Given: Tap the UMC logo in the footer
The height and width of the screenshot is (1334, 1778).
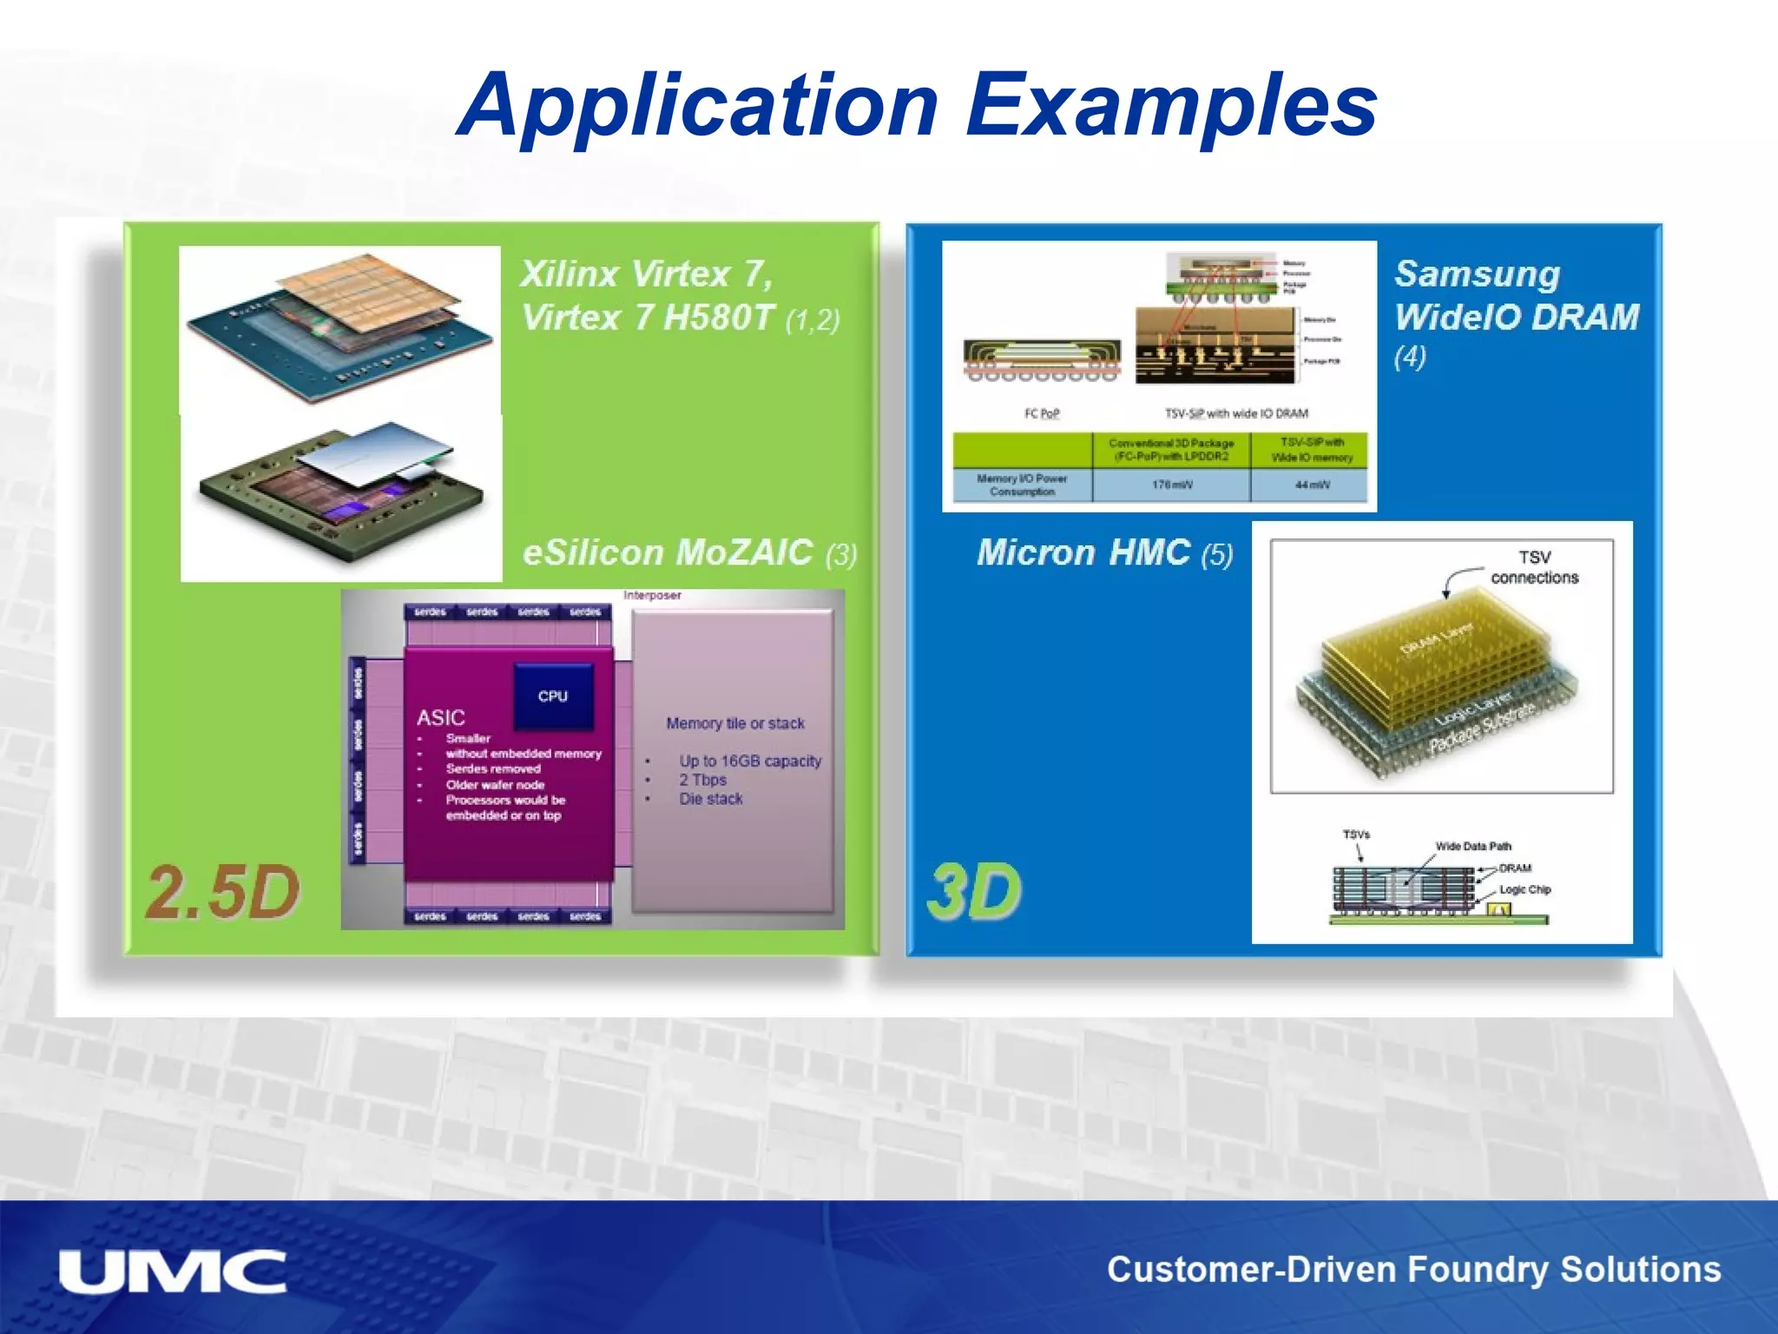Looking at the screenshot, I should tap(172, 1272).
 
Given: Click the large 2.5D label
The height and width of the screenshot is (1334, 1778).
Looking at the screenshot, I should tap(222, 892).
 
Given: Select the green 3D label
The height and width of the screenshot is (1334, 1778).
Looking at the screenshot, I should tap(974, 892).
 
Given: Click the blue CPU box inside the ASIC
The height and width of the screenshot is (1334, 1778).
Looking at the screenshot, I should tap(553, 696).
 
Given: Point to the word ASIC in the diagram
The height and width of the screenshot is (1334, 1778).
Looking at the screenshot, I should tap(441, 717).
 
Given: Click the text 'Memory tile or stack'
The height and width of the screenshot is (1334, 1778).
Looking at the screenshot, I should tap(735, 723).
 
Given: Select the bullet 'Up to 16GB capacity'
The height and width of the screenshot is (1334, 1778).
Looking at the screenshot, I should tap(749, 761).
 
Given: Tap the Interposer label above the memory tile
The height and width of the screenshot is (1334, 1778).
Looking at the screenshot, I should tap(652, 596).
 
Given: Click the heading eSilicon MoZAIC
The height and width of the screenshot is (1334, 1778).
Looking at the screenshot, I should tap(668, 553).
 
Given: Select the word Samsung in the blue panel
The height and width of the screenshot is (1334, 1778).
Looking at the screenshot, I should tap(1477, 274).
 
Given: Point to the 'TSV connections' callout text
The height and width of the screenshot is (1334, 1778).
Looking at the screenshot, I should tap(1534, 567).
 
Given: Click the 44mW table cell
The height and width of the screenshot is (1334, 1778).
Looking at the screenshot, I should tap(1312, 485).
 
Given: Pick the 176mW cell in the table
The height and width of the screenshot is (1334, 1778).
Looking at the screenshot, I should tap(1171, 485).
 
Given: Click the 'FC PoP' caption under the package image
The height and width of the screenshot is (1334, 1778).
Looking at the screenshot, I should tap(1042, 413).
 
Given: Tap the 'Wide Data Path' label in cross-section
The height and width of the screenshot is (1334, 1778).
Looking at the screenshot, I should tap(1473, 846).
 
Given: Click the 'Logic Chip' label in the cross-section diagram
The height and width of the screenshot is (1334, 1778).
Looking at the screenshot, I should tap(1524, 889).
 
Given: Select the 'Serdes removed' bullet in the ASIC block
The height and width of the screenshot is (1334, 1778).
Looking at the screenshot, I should tap(493, 769).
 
